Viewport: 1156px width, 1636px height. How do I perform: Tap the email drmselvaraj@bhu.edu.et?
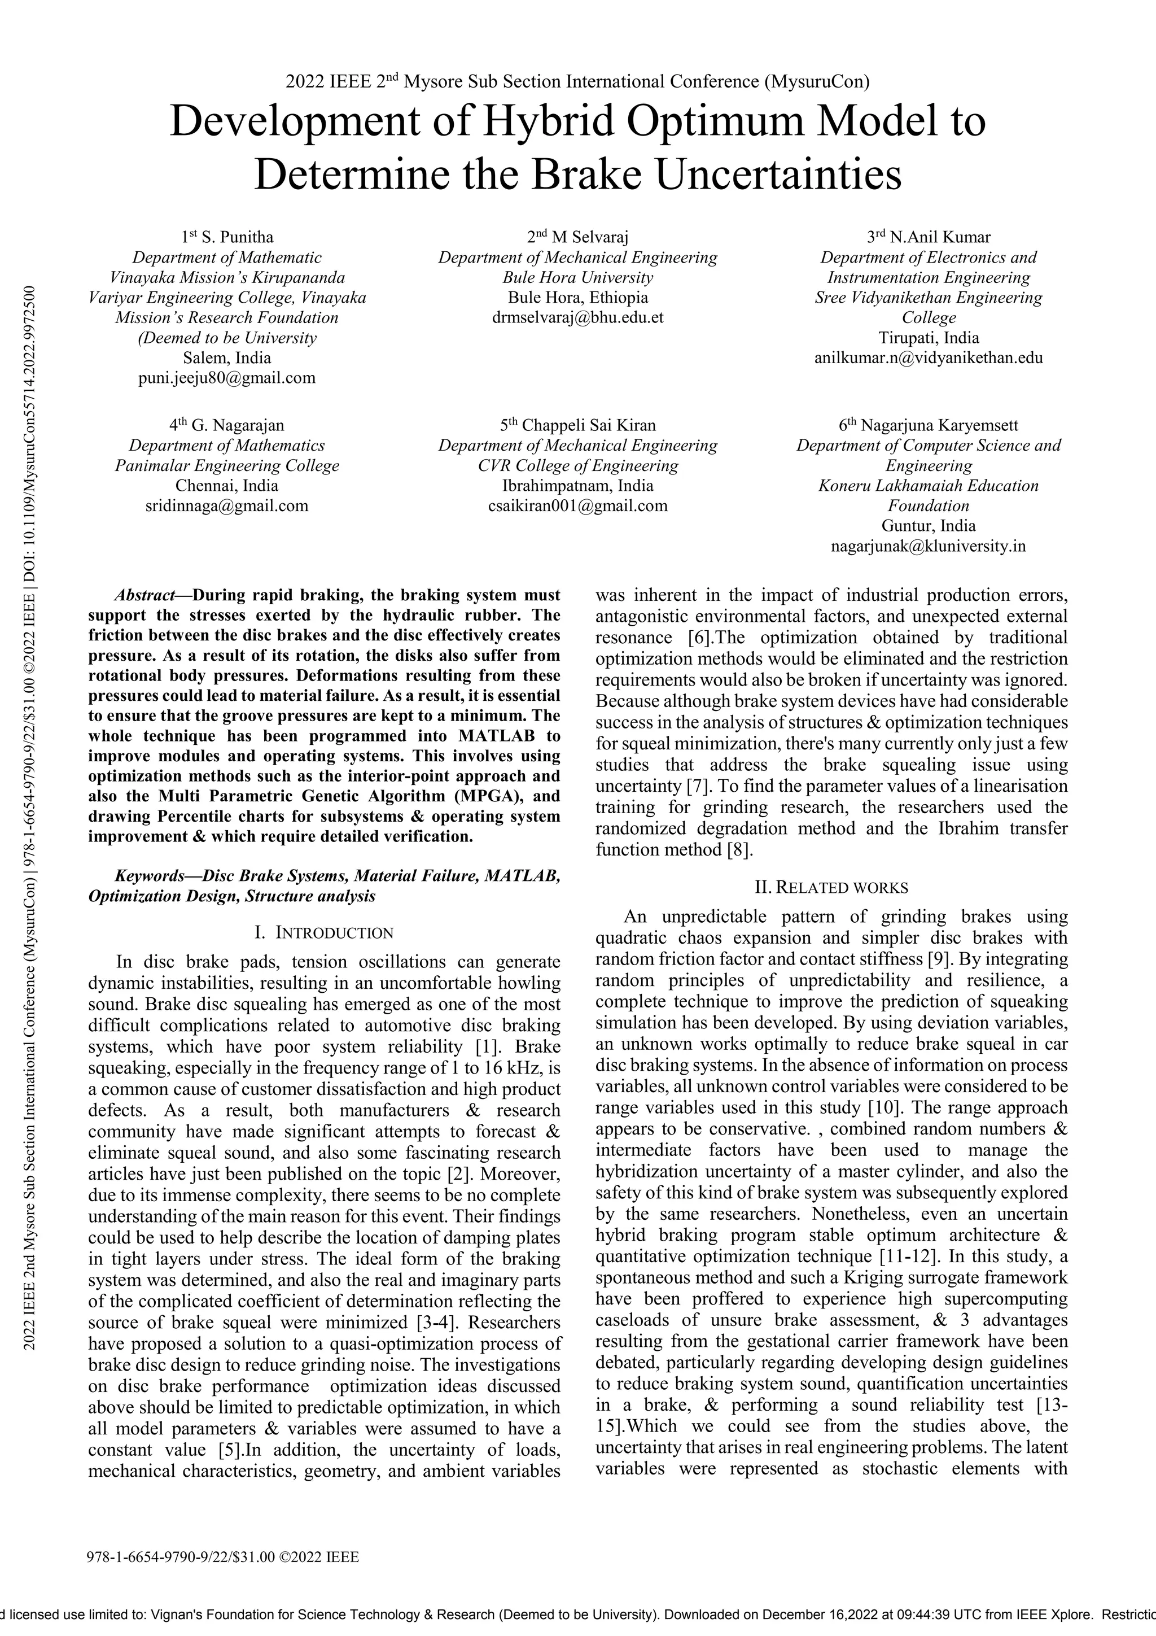[577, 318]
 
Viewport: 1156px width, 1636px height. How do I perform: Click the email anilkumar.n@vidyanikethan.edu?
[928, 357]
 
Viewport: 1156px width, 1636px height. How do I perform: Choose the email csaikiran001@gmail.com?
[577, 506]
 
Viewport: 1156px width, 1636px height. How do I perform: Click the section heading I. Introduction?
[323, 933]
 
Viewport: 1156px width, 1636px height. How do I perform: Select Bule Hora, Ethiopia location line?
[577, 298]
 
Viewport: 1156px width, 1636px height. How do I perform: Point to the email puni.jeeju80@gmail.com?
[226, 378]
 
